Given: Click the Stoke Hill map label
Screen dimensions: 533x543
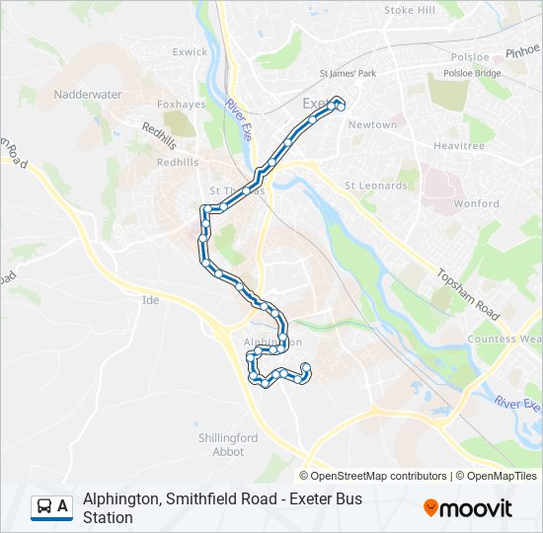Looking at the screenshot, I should pyautogui.click(x=410, y=10).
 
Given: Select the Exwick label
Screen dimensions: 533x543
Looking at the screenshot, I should pyautogui.click(x=191, y=51).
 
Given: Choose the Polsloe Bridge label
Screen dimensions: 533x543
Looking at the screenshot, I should pyautogui.click(x=473, y=74).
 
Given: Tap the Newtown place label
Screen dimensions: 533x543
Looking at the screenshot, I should pyautogui.click(x=372, y=125).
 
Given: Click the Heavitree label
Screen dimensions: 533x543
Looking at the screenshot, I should pyautogui.click(x=459, y=145).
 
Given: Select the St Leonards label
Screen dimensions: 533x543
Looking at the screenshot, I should pyautogui.click(x=375, y=186).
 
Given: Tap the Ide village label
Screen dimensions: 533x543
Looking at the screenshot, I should pyautogui.click(x=150, y=299).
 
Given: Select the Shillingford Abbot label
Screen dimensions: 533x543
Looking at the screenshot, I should pyautogui.click(x=227, y=444).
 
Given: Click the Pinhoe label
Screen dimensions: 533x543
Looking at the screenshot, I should pyautogui.click(x=522, y=48).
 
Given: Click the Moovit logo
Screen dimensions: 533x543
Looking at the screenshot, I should pyautogui.click(x=468, y=507).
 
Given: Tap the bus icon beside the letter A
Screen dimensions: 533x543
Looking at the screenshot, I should pyautogui.click(x=44, y=506).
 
